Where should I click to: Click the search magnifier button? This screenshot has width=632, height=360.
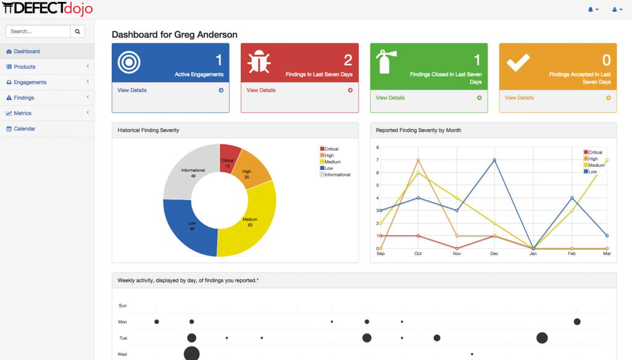[78, 31]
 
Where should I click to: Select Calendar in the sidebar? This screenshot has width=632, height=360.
[24, 128]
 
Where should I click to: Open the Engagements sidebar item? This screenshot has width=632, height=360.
[30, 82]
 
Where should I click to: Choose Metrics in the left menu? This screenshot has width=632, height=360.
[22, 113]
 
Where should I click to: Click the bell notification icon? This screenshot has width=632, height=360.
[591, 9]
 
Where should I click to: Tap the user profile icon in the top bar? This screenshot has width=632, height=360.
[615, 9]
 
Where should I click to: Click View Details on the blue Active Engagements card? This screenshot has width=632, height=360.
[132, 90]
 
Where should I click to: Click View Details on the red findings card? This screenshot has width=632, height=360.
[261, 90]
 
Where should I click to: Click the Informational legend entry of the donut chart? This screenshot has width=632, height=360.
[337, 175]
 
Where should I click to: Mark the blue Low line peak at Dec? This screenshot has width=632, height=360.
[495, 160]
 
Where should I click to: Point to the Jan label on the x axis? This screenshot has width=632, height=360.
[533, 254]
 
